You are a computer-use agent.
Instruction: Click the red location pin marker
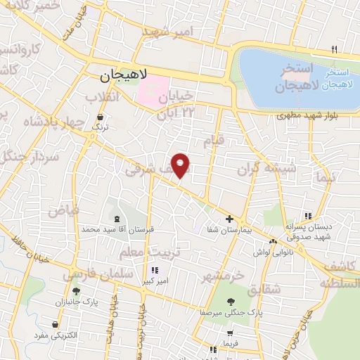pyautogui.click(x=181, y=165)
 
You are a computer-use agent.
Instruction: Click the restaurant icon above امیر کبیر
pyautogui.click(x=155, y=270)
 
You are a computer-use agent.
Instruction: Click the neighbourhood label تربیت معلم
pyautogui.click(x=157, y=251)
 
